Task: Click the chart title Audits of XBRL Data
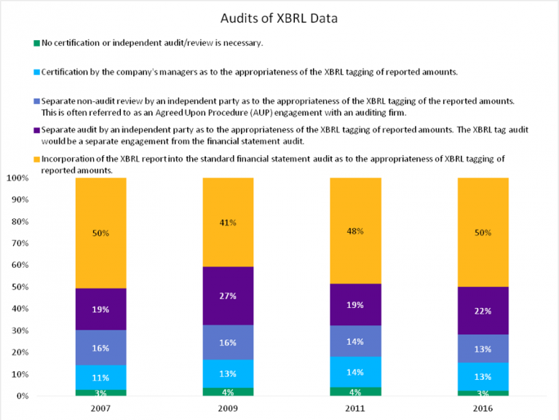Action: (x=279, y=17)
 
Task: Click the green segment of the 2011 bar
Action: (x=355, y=392)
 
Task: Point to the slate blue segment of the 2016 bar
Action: (x=483, y=348)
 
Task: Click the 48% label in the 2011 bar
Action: (x=355, y=231)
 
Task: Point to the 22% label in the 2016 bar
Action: (x=483, y=311)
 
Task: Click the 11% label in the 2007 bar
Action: (x=100, y=378)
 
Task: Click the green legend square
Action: (x=36, y=43)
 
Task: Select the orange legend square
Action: (x=36, y=158)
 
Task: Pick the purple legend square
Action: (x=36, y=130)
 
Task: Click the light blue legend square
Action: (x=36, y=71)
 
